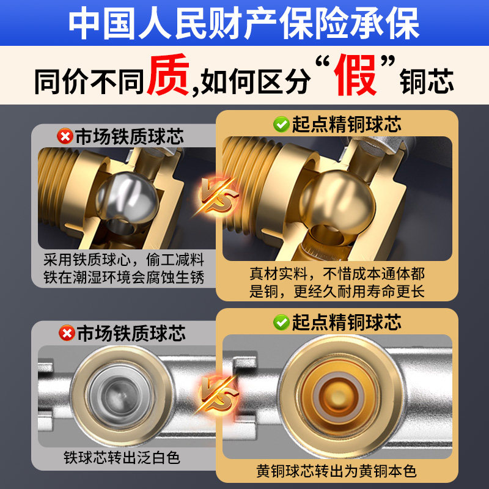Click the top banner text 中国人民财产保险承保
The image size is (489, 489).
(244, 24)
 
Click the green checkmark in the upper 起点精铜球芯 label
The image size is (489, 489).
(281, 125)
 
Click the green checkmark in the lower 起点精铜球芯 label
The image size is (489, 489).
(281, 322)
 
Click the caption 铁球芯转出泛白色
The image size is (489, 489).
(123, 457)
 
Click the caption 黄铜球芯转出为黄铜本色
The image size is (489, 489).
(336, 471)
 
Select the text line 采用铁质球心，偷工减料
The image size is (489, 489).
(123, 259)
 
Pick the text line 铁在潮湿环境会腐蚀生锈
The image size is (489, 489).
(123, 277)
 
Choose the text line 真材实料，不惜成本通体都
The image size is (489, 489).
(336, 273)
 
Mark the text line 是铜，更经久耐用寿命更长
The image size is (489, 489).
(336, 292)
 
